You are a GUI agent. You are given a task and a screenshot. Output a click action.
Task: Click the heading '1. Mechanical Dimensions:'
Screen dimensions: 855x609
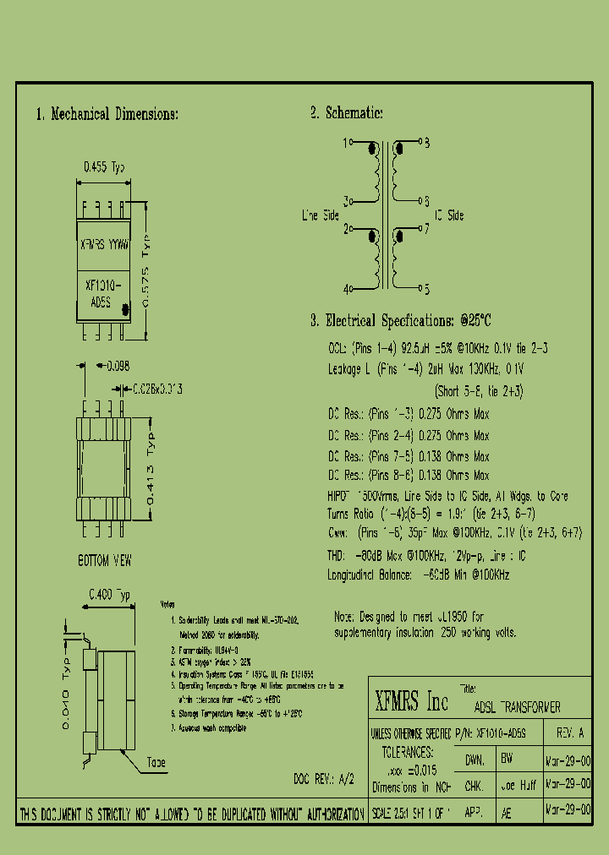coord(107,114)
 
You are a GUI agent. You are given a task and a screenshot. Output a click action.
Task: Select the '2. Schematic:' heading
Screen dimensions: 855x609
coord(347,113)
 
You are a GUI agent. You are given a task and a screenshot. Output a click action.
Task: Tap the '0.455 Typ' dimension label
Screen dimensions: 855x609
coord(103,168)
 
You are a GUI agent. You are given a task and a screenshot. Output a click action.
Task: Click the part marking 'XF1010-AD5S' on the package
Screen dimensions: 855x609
coord(104,293)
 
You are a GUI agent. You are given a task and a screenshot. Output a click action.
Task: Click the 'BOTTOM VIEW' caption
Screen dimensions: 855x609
coord(104,560)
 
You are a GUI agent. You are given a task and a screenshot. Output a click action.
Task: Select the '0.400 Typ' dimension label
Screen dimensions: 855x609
coord(109,595)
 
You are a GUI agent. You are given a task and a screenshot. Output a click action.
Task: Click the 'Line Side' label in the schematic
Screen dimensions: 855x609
coord(321,216)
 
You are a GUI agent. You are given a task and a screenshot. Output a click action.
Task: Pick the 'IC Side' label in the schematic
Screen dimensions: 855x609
coord(449,216)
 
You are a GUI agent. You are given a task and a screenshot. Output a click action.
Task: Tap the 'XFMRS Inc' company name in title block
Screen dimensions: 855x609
coord(411,700)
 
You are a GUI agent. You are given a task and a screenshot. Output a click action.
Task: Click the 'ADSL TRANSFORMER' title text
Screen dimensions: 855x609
coord(518,707)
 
